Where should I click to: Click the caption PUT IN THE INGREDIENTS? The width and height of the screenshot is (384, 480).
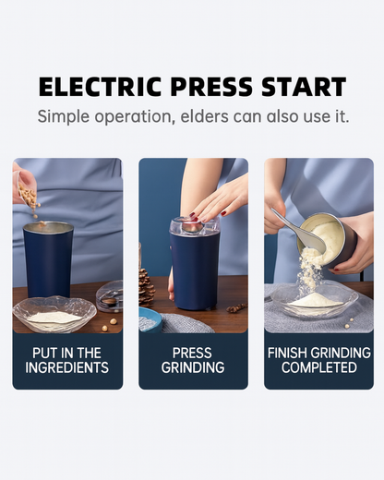click(x=67, y=360)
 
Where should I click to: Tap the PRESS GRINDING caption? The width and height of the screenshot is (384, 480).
click(x=193, y=360)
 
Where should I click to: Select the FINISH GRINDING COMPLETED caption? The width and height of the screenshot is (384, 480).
click(x=318, y=360)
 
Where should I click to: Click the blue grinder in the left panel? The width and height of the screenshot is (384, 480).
click(x=49, y=263)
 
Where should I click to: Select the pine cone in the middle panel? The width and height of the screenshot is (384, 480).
click(x=146, y=287)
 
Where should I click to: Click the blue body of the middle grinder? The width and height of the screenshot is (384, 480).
click(x=195, y=277)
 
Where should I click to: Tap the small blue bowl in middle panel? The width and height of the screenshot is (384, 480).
click(x=150, y=320)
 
